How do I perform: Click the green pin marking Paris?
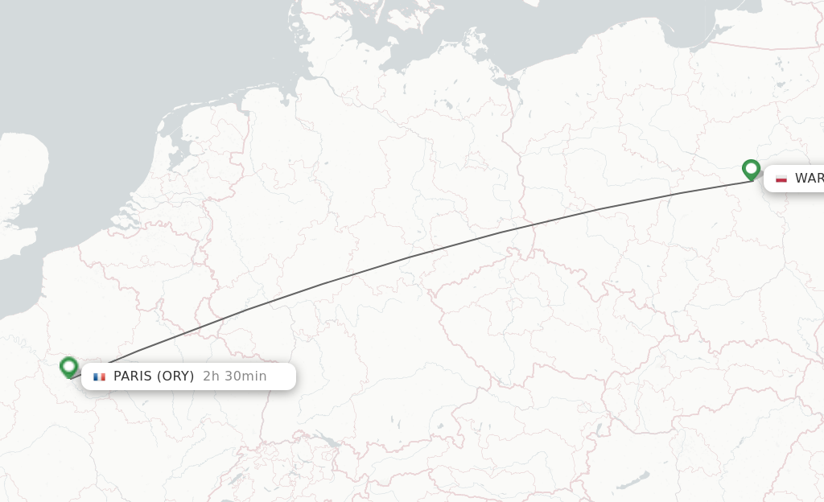tap(68, 367)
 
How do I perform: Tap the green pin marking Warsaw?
tap(751, 169)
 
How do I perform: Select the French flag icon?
tap(99, 376)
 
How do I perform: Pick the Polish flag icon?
tap(781, 179)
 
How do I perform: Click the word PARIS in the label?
tap(132, 376)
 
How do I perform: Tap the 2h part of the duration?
tap(211, 376)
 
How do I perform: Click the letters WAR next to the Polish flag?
tap(809, 179)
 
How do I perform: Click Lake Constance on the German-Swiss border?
tap(328, 440)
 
